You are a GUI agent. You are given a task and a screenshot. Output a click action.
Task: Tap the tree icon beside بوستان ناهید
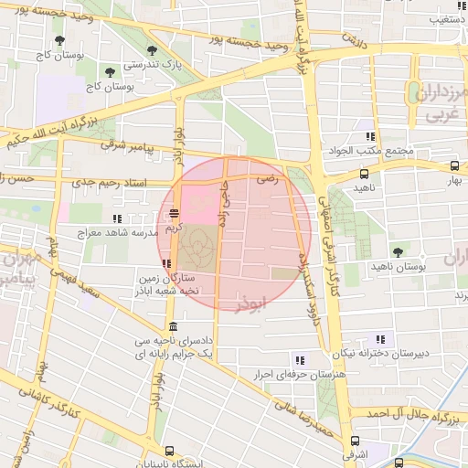[x=398, y=251]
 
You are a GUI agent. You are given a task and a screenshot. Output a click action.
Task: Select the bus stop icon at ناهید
[x=365, y=173]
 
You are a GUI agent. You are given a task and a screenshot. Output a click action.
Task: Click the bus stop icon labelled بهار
[x=455, y=166]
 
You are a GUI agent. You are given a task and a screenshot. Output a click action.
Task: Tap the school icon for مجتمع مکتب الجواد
[x=370, y=135]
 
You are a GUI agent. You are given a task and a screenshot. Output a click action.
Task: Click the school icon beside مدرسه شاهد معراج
[x=117, y=218]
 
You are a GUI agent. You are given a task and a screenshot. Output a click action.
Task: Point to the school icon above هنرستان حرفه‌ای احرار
[x=300, y=359]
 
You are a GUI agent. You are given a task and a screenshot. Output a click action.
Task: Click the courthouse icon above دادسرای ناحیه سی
[x=173, y=326]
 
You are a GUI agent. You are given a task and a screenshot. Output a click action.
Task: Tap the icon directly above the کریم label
[x=174, y=214]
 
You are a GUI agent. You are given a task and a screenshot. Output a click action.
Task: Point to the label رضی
[x=267, y=180]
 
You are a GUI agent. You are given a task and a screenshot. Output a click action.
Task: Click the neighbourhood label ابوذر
[x=253, y=303]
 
